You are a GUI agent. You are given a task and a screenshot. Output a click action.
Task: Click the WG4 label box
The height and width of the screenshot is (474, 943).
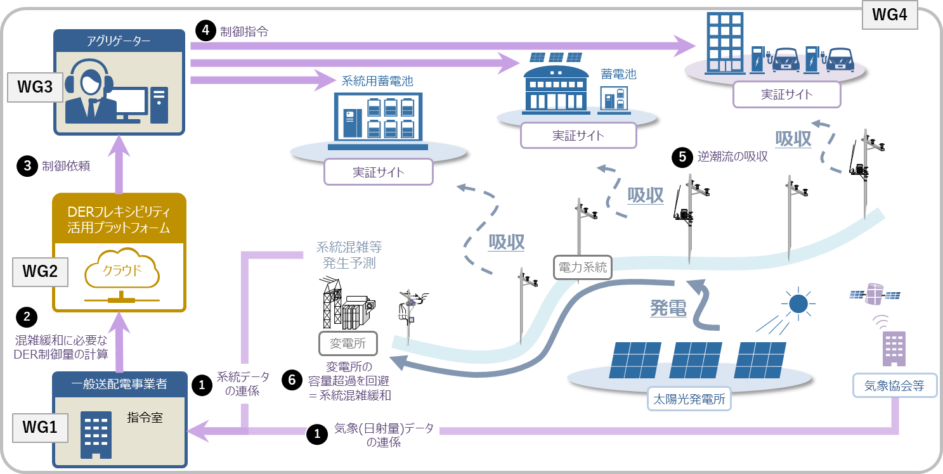click(890, 15)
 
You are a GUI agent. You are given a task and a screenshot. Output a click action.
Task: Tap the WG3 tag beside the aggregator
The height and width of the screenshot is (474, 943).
click(35, 87)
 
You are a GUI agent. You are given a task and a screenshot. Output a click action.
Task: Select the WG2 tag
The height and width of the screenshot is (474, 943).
click(40, 272)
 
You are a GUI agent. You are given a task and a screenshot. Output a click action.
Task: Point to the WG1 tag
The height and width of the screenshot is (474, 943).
click(40, 428)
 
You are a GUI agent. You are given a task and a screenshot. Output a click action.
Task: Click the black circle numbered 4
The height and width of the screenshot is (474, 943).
click(205, 30)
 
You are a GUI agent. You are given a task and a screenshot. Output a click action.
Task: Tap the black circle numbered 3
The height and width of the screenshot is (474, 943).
click(27, 166)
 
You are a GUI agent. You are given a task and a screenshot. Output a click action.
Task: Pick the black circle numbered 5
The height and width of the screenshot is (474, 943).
click(682, 157)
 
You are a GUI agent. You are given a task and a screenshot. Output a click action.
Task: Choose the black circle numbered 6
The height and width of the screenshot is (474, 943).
click(292, 380)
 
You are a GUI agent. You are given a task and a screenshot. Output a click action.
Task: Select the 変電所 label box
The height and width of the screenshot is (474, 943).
click(348, 343)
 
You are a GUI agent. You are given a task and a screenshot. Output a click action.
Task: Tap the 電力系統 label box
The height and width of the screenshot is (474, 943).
click(583, 267)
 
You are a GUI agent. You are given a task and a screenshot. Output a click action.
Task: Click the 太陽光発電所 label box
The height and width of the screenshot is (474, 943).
click(689, 399)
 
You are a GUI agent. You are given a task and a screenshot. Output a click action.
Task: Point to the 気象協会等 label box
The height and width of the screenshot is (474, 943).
click(895, 385)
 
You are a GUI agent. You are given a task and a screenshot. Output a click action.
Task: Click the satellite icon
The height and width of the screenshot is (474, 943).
click(875, 294)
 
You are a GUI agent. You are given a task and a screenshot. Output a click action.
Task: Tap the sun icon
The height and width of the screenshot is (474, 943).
click(798, 304)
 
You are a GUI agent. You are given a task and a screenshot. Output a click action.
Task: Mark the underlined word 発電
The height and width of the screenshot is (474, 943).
click(668, 308)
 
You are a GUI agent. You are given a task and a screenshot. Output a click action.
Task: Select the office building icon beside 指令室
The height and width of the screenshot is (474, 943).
click(96, 435)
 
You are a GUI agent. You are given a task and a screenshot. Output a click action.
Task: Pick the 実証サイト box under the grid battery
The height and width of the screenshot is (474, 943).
click(379, 172)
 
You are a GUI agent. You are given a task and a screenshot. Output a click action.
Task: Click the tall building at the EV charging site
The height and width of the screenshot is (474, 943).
click(724, 43)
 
